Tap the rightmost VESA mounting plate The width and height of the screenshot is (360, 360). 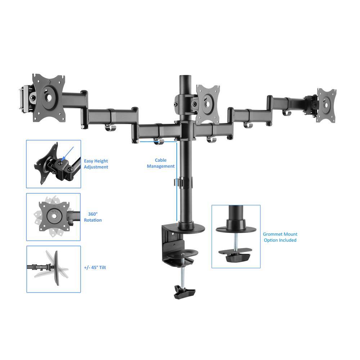pyautogui.click(x=326, y=105)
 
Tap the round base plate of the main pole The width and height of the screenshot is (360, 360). pyautogui.click(x=191, y=228)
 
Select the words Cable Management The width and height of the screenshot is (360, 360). pyautogui.click(x=161, y=163)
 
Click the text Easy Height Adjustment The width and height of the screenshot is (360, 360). pyautogui.click(x=96, y=164)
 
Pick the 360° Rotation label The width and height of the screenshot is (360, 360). pyautogui.click(x=93, y=217)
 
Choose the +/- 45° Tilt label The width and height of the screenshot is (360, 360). pyautogui.click(x=95, y=267)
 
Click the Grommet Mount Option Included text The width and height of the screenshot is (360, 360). pyautogui.click(x=280, y=237)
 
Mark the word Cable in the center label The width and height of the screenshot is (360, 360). pyautogui.click(x=161, y=160)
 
